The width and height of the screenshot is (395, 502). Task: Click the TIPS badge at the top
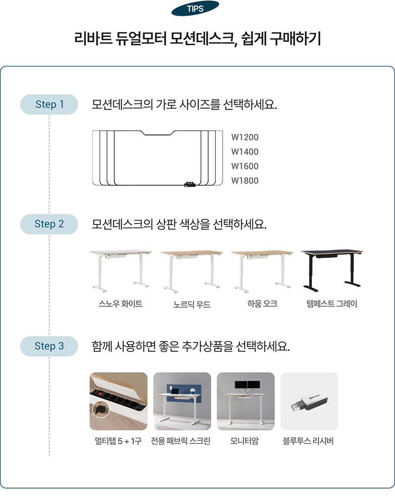coord(195,8)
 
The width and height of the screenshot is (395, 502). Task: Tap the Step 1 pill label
coord(49,105)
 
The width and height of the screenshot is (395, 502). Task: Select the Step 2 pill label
coord(49,224)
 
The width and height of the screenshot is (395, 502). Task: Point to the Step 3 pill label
coord(49,346)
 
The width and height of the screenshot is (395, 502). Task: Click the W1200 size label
coord(245,137)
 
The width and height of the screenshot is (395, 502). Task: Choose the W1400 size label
coord(245,152)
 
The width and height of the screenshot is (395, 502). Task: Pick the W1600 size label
coord(245,166)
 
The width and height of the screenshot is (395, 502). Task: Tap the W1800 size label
coord(245,180)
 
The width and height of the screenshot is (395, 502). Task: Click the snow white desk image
coord(120,271)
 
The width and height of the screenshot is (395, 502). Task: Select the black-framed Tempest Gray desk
coord(332,271)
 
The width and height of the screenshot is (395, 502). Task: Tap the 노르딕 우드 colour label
coord(192,304)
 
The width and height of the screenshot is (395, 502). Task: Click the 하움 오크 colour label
coord(262,304)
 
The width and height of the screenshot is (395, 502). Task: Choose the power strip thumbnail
coord(118,401)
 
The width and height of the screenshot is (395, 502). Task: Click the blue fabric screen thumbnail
coord(182,401)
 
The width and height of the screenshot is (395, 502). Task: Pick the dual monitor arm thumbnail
coord(246,401)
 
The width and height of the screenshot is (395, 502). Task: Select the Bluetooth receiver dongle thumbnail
coord(309,401)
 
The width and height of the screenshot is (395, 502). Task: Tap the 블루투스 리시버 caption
coord(308,441)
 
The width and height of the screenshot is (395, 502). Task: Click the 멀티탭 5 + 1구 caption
coord(118,441)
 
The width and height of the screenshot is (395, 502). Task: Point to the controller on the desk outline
coord(190,185)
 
